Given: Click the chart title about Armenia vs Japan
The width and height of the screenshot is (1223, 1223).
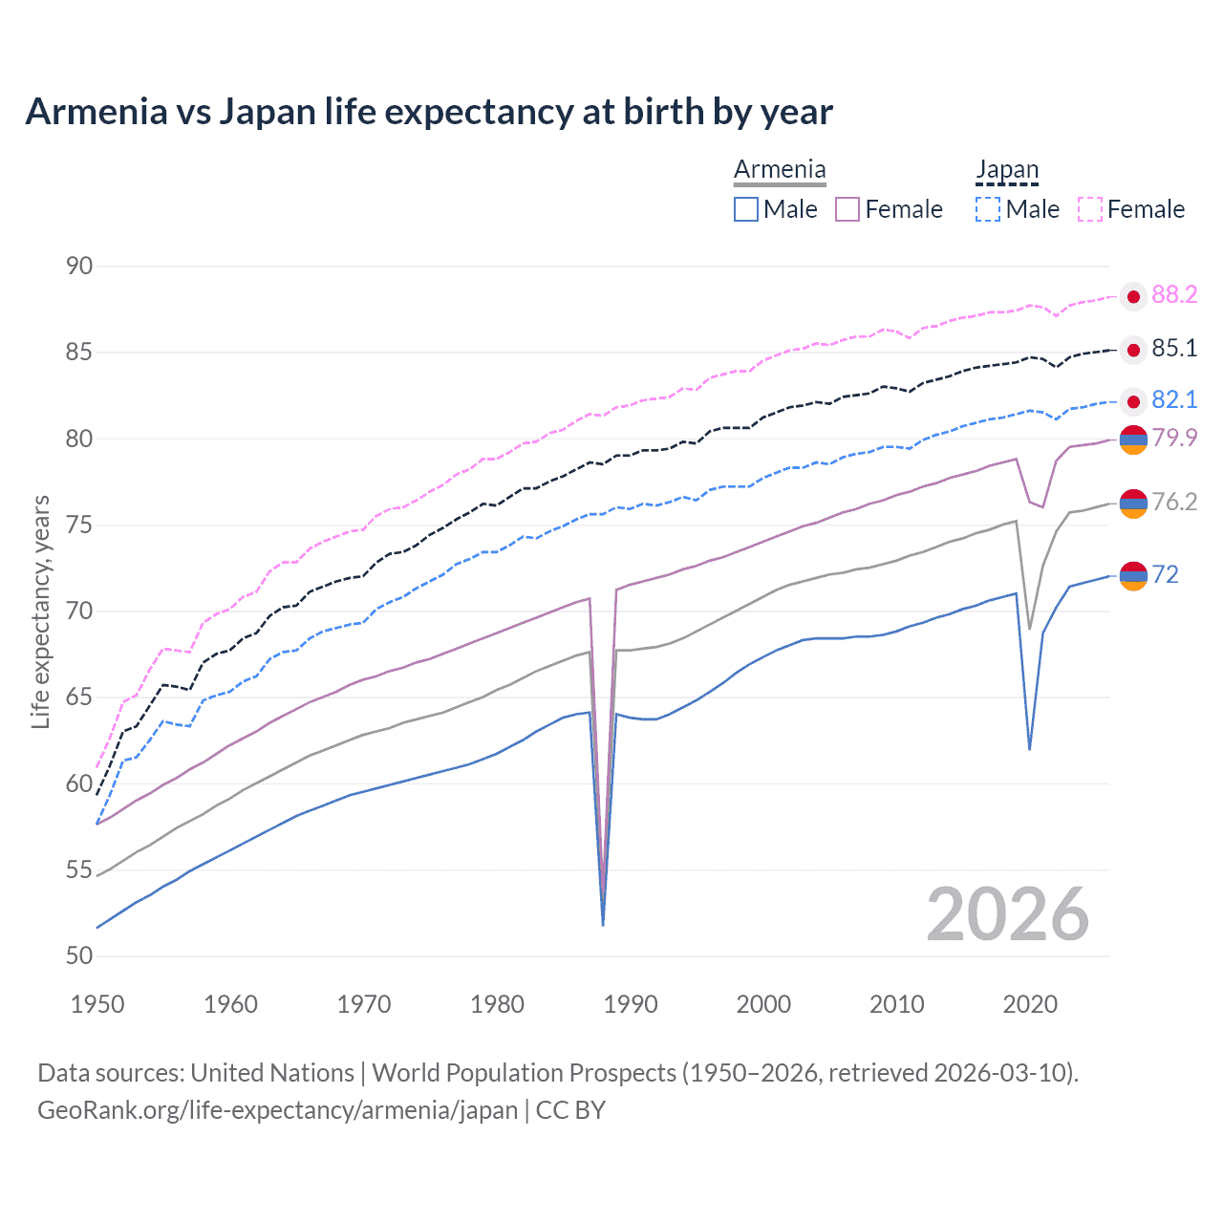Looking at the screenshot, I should pos(429,112).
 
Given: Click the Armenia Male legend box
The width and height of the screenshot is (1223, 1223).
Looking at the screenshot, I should pos(746,209).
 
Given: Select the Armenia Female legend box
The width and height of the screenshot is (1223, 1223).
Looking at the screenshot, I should pos(848,209).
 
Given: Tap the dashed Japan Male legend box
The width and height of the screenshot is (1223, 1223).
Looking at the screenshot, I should pos(988,209).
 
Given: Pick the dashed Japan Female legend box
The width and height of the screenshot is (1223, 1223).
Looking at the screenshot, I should pos(1090,209).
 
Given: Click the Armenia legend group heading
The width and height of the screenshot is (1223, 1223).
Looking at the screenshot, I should pos(780,170).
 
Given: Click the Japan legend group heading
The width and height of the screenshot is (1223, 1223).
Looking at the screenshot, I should pos(1007,170).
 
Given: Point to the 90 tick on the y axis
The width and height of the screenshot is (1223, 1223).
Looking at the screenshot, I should pos(79,266).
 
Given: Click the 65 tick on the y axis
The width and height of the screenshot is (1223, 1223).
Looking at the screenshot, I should pos(79,697).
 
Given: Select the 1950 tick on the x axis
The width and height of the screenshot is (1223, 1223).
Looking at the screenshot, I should pos(97,1004).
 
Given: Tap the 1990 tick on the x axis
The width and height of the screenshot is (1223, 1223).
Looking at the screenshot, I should pos(631,1004).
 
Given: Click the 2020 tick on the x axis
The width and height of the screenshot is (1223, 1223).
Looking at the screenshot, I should pos(1030,1004).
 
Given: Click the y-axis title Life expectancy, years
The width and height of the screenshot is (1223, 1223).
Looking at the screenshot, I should pos(40,611).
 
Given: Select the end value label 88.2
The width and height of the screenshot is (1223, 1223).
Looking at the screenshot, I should pos(1174,295).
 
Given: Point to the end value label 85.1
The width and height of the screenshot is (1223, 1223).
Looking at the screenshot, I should pos(1174,349).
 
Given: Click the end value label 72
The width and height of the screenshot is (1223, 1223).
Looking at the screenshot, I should pos(1166,574).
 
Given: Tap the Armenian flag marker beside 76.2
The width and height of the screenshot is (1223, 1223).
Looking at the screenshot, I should pos(1133,503).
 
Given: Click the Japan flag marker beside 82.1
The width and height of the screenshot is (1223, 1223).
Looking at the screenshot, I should pos(1133,401).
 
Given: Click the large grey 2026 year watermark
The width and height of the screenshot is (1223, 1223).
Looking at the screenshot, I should pos(1008,914).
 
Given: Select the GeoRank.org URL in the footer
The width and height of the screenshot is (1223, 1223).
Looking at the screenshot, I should pos(277,1110).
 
